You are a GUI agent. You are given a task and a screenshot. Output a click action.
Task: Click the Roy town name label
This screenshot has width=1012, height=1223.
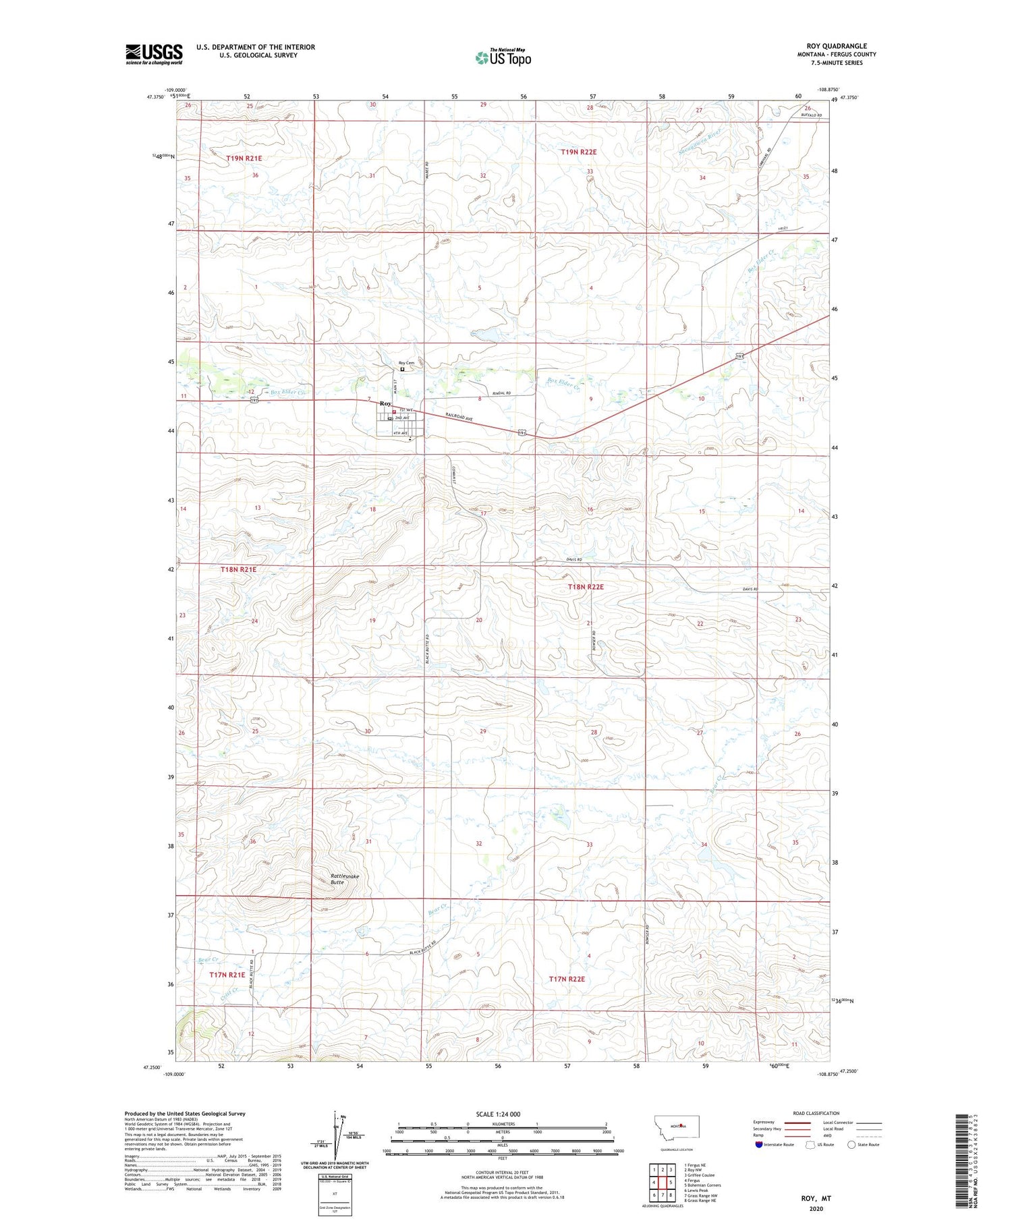coord(386,403)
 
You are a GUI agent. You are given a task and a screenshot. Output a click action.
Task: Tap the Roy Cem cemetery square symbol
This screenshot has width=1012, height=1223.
coord(403,369)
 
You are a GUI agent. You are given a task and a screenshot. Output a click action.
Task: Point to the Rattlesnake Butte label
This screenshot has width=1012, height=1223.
coord(345,879)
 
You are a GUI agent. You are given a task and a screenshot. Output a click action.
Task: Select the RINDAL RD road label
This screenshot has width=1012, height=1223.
coord(499,392)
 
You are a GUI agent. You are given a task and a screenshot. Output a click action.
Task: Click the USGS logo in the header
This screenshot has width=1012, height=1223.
coord(154,54)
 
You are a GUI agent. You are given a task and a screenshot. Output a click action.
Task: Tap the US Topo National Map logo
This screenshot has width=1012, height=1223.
coord(503,57)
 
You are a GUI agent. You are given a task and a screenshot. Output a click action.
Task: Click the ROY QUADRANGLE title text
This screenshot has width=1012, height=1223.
coord(836,46)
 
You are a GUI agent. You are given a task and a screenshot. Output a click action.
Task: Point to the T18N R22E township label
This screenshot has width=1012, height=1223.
coord(586,587)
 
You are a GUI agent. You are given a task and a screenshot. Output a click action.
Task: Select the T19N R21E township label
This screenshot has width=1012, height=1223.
coord(244,158)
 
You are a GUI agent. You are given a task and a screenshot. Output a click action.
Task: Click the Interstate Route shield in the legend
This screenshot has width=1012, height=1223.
coord(760,1145)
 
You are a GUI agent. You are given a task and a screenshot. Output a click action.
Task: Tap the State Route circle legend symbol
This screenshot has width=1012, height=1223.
coord(852,1145)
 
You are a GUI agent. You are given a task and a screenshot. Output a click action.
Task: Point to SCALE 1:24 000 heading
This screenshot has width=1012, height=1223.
coord(498,1114)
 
